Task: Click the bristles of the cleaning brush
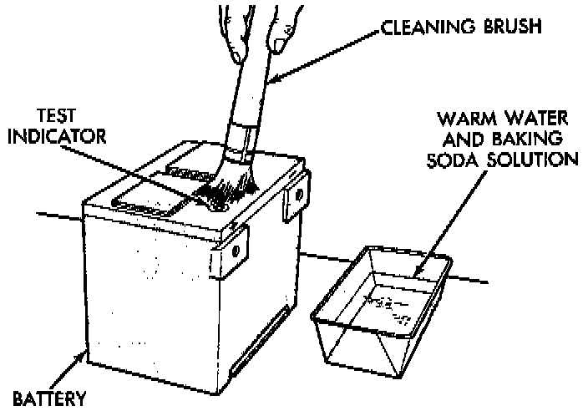tap(226, 188)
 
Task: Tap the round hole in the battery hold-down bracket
tap(236, 249)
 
